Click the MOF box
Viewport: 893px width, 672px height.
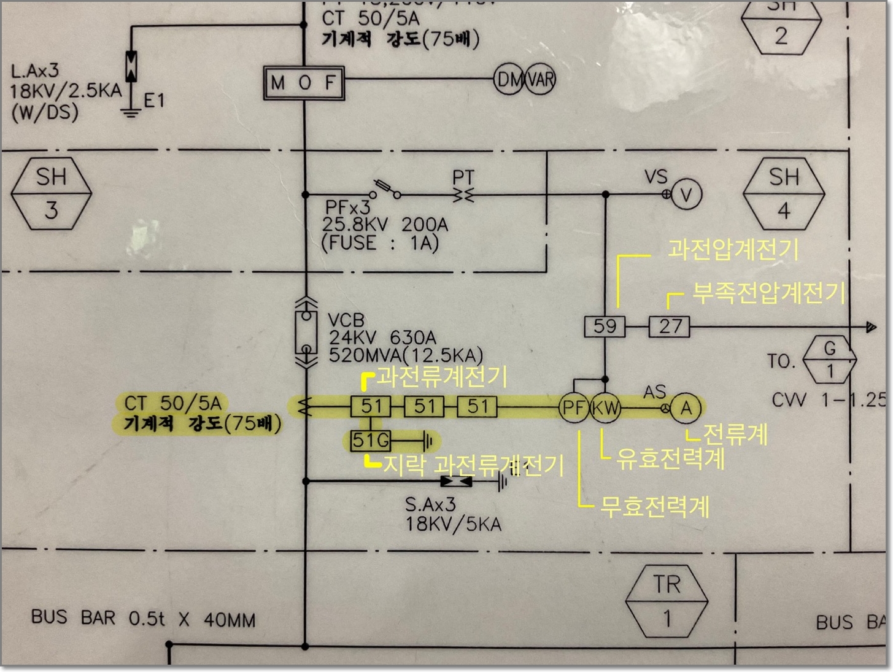tap(304, 82)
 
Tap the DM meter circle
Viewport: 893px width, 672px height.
tap(508, 79)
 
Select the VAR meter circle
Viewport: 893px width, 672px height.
tap(541, 79)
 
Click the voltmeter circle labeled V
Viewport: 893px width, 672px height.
tap(686, 195)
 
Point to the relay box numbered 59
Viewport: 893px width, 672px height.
tap(605, 326)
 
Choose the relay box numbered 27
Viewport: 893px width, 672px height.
tap(670, 326)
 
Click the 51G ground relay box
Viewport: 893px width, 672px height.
tap(371, 440)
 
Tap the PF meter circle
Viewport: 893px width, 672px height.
tap(573, 407)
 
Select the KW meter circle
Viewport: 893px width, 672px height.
tap(605, 407)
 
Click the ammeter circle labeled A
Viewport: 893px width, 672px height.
tap(686, 407)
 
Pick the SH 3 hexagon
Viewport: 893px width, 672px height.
tap(52, 193)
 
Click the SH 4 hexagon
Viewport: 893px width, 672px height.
tap(784, 193)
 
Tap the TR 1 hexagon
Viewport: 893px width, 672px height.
tap(667, 601)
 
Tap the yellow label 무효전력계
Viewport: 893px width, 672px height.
tap(654, 507)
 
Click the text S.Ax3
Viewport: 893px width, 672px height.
tap(430, 504)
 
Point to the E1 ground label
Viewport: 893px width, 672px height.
tap(154, 100)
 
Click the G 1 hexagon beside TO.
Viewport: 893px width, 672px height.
tap(830, 360)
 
